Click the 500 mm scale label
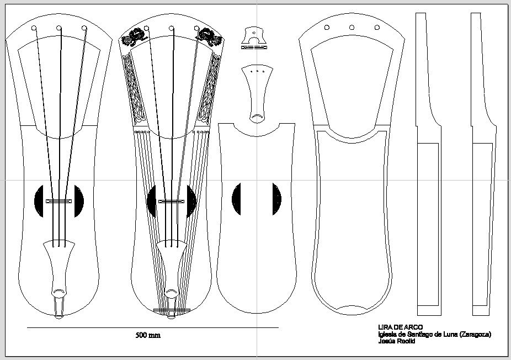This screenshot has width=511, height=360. click(148, 335)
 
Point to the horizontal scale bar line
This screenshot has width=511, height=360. click(153, 327)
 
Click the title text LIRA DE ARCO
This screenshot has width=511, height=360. click(401, 327)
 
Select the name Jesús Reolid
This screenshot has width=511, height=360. click(397, 341)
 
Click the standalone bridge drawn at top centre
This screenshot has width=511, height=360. click(254, 38)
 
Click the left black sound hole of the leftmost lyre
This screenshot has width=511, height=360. click(39, 201)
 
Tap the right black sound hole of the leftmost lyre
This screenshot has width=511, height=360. click(79, 201)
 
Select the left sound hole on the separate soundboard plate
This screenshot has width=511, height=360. click(236, 199)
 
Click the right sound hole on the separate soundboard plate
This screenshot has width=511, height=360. click(276, 199)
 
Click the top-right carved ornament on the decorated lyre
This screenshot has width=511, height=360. click(209, 38)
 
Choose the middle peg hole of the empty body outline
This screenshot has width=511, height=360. click(352, 28)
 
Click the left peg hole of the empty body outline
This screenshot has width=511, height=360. click(327, 28)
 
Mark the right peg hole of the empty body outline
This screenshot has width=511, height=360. click(377, 28)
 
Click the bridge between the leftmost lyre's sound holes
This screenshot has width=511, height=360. click(58, 201)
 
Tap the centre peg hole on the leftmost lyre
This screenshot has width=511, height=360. click(58, 28)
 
